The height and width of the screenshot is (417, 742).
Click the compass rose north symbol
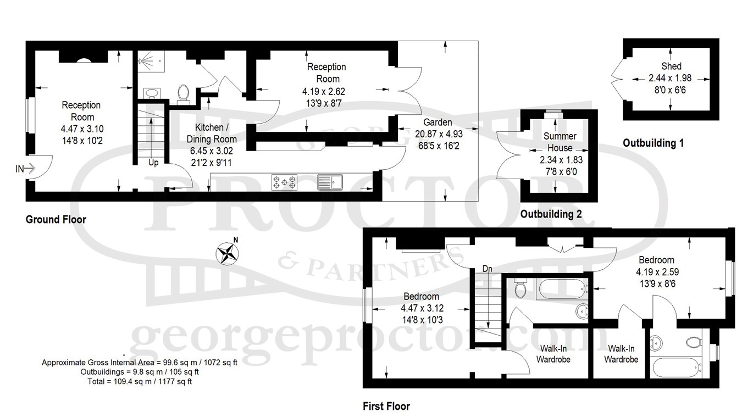pyautogui.click(x=228, y=253)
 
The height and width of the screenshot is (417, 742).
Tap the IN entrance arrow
pyautogui.click(x=30, y=168)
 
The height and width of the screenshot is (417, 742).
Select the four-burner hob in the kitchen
pyautogui.click(x=285, y=182)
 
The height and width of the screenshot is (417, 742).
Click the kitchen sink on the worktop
pyautogui.click(x=330, y=182)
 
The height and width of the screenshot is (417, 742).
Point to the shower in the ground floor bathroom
pyautogui.click(x=151, y=61)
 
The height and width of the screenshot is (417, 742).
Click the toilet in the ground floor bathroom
pyautogui.click(x=183, y=92)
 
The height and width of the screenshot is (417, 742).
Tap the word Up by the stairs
pyautogui.click(x=153, y=163)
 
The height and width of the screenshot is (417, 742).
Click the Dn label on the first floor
pyautogui.click(x=488, y=269)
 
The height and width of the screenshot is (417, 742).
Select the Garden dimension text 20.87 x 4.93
pyautogui.click(x=439, y=134)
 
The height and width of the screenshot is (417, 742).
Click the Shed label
pyautogui.click(x=672, y=66)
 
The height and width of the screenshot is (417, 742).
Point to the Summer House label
pyautogui.click(x=560, y=142)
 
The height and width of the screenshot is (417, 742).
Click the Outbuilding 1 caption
pyautogui.click(x=653, y=143)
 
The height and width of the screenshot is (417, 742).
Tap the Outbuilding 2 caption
pyautogui.click(x=551, y=214)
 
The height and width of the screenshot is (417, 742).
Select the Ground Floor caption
pyautogui.click(x=56, y=219)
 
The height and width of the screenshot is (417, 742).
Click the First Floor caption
pyautogui.click(x=386, y=406)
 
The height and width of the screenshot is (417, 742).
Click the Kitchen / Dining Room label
pyautogui.click(x=212, y=133)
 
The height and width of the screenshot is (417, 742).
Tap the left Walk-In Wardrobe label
pyautogui.click(x=553, y=354)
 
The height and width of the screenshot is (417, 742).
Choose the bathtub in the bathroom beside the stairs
pyautogui.click(x=563, y=290)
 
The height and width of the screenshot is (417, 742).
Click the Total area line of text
pyautogui.click(x=140, y=381)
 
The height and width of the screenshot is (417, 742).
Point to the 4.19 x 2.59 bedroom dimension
pyautogui.click(x=657, y=272)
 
